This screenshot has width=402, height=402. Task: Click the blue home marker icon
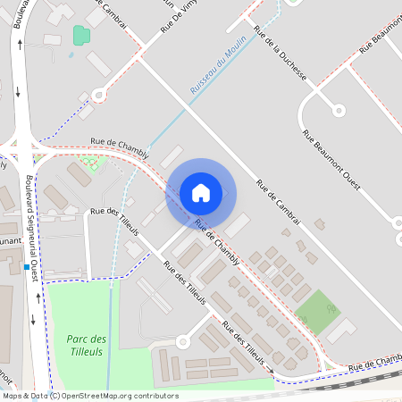click(201, 192)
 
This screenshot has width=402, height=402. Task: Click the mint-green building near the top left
click(81, 36)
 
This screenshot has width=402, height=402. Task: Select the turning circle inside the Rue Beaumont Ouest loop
click(338, 110)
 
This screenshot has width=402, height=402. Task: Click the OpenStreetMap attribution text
click(90, 396)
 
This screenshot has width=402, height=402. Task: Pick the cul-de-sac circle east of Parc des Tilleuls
click(183, 340)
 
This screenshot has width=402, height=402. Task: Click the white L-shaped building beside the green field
click(341, 331)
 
